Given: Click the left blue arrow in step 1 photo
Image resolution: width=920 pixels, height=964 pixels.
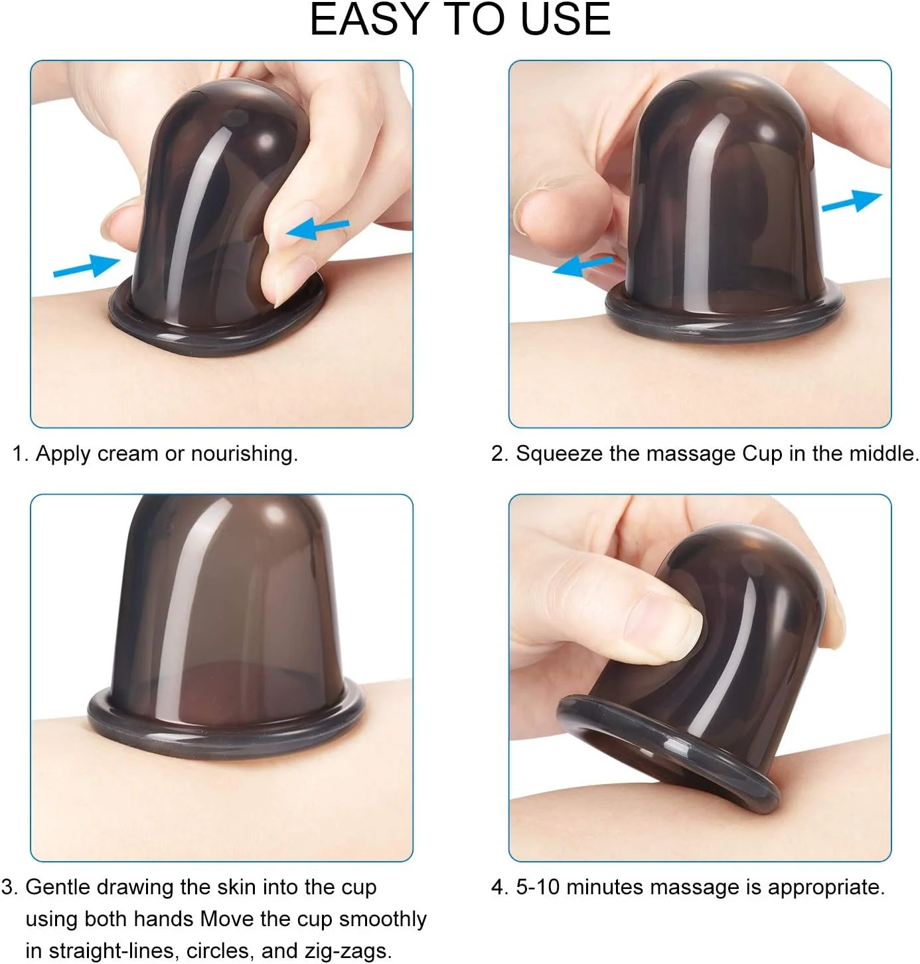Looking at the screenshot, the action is pyautogui.click(x=86, y=266).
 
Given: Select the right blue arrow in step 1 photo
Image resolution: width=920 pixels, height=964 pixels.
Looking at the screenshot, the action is pyautogui.click(x=317, y=228).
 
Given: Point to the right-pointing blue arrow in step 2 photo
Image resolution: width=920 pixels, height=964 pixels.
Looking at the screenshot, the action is pyautogui.click(x=852, y=201).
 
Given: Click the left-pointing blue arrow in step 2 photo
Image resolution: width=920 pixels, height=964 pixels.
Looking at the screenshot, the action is pyautogui.click(x=583, y=266).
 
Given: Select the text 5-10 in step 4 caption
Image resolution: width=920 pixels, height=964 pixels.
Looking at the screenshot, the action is pyautogui.click(x=538, y=887).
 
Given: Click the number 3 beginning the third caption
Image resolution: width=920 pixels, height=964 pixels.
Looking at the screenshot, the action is pyautogui.click(x=7, y=887).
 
